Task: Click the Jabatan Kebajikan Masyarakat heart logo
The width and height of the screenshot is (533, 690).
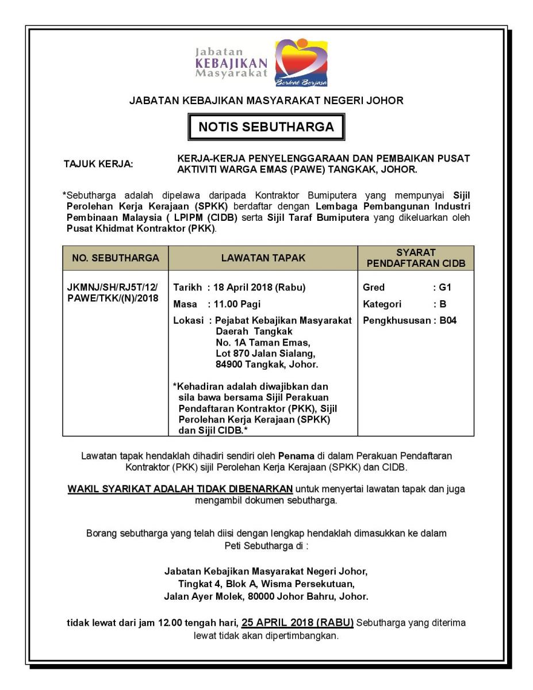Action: pos(300,62)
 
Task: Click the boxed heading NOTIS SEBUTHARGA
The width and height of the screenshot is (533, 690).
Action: pos(266,127)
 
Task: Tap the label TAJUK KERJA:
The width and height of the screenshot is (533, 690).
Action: pos(98,164)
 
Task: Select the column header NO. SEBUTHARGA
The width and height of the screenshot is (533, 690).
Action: pos(115,258)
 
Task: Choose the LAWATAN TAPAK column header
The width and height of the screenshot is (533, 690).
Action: pos(263,258)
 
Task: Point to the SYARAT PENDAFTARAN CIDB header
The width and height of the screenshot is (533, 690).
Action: pos(416,258)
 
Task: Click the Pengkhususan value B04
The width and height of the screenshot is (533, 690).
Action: pos(448,320)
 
